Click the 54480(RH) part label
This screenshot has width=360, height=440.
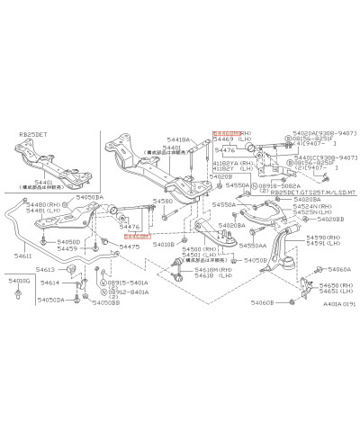(x=46, y=204)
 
